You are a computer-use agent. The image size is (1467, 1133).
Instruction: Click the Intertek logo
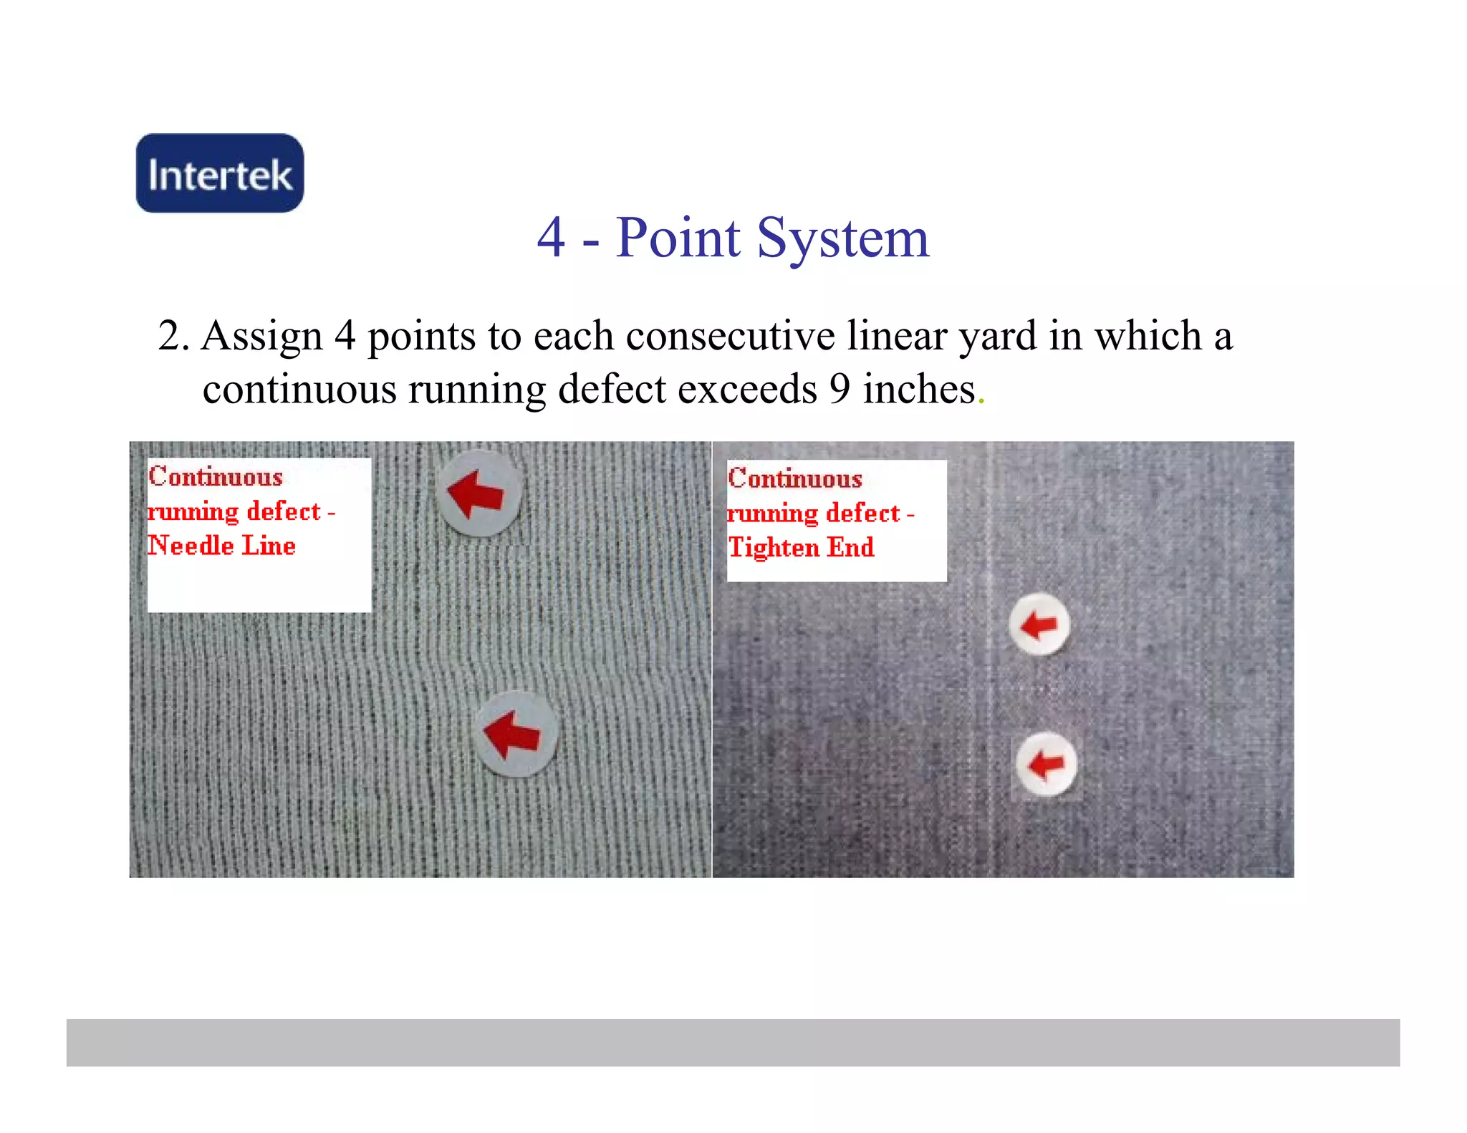(220, 173)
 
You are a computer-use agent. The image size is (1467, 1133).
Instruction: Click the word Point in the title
(678, 238)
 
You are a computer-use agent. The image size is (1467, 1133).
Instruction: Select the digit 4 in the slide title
(551, 238)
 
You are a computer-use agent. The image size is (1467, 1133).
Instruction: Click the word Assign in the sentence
(262, 336)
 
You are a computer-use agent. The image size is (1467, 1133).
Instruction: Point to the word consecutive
(730, 336)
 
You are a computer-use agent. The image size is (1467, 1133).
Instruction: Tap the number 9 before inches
(840, 390)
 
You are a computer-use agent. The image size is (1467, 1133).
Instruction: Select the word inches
(919, 390)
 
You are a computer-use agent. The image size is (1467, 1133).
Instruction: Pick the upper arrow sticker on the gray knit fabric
(478, 493)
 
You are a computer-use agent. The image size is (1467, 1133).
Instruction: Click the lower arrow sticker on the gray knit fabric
(516, 734)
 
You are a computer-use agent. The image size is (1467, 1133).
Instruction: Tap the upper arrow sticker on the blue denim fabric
(1039, 625)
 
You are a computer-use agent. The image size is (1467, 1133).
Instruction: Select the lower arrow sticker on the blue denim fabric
(1046, 764)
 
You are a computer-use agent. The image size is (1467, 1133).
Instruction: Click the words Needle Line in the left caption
(222, 546)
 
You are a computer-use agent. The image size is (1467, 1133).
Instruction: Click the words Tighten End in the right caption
(801, 548)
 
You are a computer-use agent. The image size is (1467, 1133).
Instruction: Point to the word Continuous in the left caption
(216, 477)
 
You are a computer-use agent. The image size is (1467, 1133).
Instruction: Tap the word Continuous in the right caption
(795, 478)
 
